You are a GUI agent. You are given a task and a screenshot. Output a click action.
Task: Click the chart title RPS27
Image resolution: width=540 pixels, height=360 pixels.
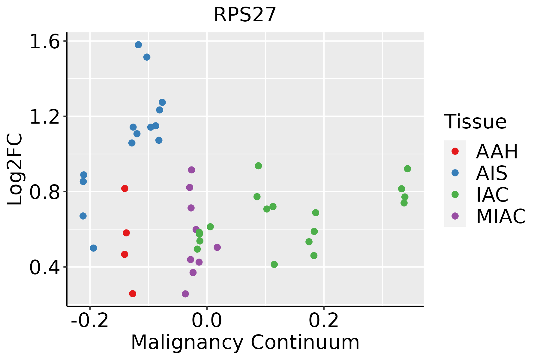point(245,15)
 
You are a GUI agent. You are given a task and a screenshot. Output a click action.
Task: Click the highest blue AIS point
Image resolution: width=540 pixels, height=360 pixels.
point(138,45)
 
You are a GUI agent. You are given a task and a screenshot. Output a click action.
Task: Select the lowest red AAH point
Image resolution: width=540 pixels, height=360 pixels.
point(133,293)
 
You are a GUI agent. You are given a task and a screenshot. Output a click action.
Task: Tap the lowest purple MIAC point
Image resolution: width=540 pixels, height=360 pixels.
point(185,294)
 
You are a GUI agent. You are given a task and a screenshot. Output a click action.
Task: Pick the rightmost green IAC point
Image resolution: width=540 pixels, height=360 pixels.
point(407,169)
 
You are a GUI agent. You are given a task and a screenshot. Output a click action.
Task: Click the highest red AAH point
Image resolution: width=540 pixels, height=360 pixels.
point(125,188)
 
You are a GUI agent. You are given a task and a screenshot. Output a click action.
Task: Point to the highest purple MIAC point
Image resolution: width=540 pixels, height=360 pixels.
point(191,170)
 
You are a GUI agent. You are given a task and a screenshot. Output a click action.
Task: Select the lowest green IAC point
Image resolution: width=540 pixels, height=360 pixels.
point(274,264)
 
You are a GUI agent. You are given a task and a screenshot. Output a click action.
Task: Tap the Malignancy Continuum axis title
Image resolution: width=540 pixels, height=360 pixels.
point(245,343)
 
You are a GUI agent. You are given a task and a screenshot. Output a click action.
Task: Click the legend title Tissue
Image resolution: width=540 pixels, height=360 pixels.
point(475,122)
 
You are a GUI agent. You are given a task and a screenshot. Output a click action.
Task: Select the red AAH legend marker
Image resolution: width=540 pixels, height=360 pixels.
point(455,151)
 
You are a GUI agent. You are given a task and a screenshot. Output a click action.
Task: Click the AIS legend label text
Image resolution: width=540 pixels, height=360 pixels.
point(492,173)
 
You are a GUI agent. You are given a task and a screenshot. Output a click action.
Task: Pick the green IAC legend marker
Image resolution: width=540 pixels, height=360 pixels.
point(455,194)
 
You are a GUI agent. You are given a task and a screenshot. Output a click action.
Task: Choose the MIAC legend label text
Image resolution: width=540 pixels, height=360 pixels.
point(501,216)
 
